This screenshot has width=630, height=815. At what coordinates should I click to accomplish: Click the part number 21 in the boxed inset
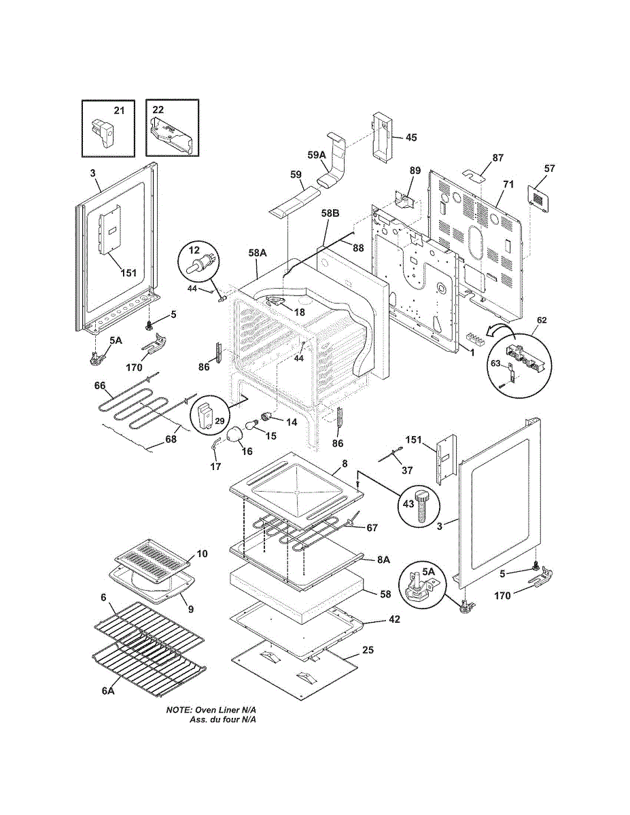pos(119,111)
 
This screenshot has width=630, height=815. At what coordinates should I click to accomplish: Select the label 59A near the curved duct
pos(317,155)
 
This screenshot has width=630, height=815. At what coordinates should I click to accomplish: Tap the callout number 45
pos(411,138)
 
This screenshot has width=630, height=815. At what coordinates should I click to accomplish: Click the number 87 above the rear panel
pos(497,158)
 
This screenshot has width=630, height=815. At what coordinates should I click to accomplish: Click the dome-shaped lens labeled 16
pos(235,435)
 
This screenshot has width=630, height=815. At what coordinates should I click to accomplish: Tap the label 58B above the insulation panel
pos(330,213)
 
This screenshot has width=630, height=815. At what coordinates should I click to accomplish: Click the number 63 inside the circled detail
pos(495,363)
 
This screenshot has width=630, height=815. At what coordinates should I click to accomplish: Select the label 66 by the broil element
pos(100,386)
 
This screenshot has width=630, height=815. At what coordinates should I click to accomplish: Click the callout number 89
pos(415,170)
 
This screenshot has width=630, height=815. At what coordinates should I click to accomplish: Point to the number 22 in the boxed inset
pos(158,109)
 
